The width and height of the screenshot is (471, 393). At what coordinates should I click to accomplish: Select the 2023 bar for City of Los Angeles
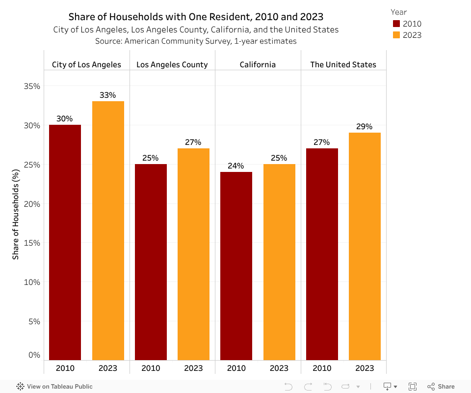[108, 230]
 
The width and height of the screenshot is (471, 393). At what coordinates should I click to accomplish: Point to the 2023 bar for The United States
[365, 246]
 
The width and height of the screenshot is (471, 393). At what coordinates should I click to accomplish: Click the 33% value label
[108, 95]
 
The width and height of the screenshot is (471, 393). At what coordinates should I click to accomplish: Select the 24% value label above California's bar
[236, 166]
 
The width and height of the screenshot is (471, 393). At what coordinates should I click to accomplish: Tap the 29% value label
[365, 127]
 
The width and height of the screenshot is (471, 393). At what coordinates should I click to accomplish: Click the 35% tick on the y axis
[32, 86]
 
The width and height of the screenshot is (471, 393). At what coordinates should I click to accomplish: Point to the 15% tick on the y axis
[32, 243]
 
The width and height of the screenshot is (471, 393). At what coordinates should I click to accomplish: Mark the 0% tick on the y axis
[34, 355]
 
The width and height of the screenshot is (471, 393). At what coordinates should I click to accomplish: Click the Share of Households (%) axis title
[16, 214]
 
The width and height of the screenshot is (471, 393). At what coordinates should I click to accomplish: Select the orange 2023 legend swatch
[396, 35]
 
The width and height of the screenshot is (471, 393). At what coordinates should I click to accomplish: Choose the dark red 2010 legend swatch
[396, 24]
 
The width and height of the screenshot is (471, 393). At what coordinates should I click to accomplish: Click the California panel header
[258, 64]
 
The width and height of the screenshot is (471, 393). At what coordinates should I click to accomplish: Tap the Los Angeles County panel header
[172, 64]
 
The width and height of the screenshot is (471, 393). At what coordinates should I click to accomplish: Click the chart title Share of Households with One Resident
[196, 17]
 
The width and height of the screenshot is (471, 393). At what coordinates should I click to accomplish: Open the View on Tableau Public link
[54, 387]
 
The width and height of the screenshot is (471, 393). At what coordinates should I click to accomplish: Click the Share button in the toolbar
[441, 387]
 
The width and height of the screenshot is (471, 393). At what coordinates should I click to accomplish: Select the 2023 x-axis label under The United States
[365, 368]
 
